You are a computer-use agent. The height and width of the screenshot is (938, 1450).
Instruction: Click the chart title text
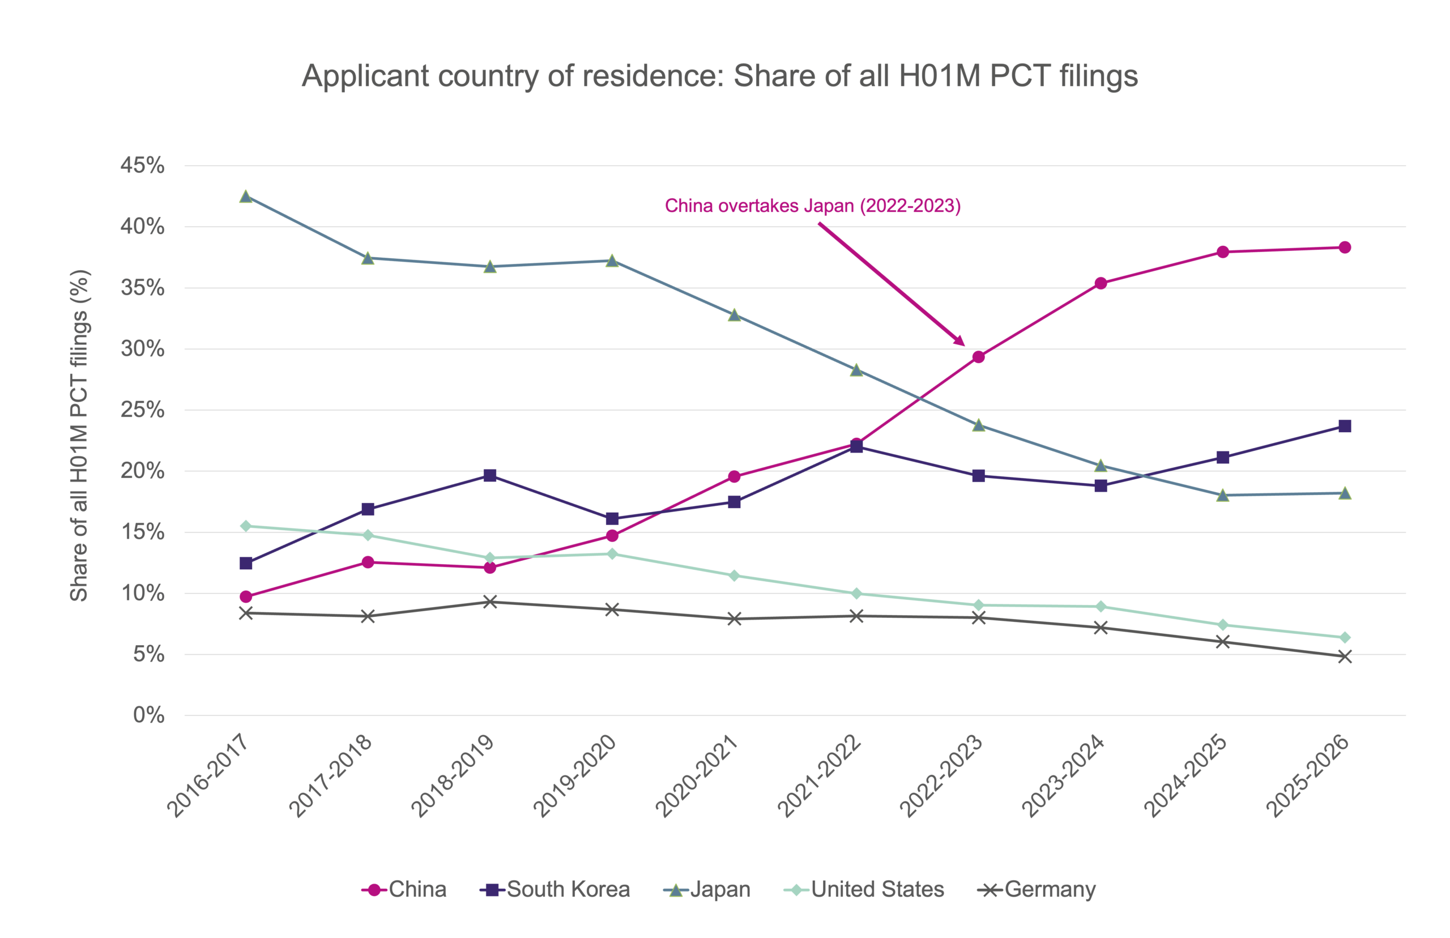tap(719, 76)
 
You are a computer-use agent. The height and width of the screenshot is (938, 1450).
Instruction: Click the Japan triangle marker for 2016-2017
tap(246, 196)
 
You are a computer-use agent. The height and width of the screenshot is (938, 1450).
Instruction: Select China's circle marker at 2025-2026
tap(1345, 248)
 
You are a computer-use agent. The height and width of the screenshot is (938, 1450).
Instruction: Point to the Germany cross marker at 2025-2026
tap(1345, 656)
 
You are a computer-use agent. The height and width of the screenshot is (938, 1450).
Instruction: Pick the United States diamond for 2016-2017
tap(246, 526)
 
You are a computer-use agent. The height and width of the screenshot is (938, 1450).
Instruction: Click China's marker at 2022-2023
tap(979, 357)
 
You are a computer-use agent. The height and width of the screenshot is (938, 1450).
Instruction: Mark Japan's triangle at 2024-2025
tap(1223, 495)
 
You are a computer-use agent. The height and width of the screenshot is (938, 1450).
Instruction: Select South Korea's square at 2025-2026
tap(1345, 426)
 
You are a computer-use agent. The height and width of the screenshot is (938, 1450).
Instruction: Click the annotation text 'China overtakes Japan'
tap(759, 206)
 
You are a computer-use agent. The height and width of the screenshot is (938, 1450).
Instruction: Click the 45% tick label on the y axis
tap(143, 165)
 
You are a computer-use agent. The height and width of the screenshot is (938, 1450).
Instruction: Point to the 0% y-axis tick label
tap(148, 715)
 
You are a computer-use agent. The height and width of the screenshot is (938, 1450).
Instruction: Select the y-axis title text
tap(79, 435)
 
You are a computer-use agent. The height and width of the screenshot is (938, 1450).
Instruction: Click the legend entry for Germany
tap(1037, 890)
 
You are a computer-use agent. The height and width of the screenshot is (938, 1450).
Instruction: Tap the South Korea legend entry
tap(555, 890)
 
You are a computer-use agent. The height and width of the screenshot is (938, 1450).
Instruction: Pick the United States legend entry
tap(864, 890)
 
